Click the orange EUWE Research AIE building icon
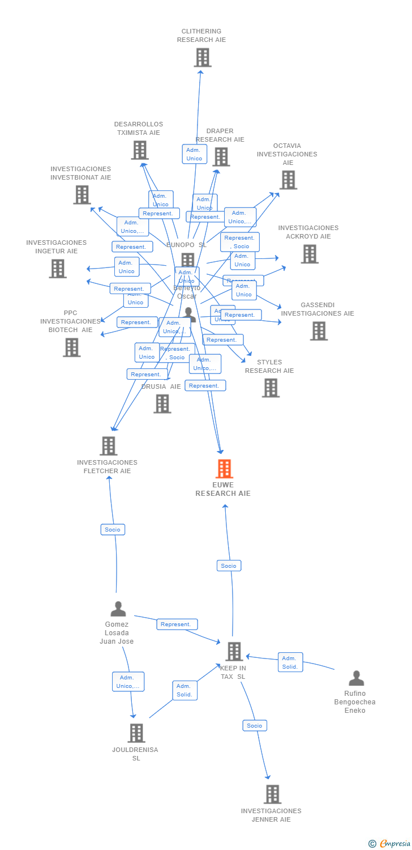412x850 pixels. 224,469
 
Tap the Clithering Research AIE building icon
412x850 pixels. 202,58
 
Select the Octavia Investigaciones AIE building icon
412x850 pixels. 288,180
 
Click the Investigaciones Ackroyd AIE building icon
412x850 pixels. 309,254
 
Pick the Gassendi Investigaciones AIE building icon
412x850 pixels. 319,331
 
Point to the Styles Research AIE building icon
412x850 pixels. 271,388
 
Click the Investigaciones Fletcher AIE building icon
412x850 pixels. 109,446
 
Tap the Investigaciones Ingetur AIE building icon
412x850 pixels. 57,269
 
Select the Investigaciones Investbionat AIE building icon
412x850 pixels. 82,195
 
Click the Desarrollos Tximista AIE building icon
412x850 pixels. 140,150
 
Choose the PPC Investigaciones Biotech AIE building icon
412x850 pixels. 71,347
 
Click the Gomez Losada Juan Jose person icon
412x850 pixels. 118,609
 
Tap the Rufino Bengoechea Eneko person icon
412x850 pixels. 356,678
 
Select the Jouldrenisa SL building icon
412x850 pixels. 136,733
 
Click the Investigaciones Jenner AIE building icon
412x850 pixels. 272,794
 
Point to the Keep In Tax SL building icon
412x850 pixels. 234,652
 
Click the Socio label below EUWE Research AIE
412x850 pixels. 229,566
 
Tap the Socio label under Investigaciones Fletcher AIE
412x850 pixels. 113,530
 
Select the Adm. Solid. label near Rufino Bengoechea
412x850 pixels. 290,662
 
